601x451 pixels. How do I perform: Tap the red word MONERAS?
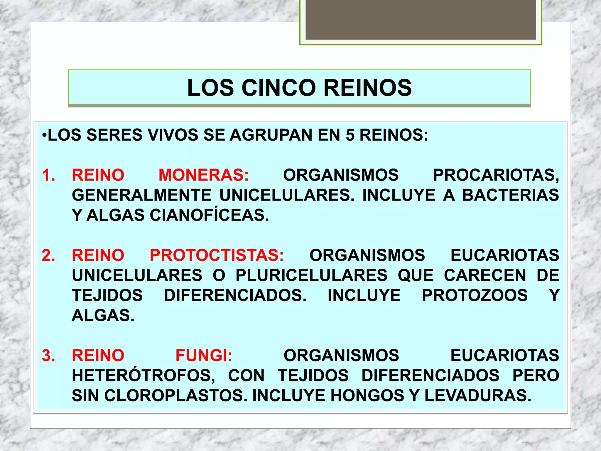(204, 175)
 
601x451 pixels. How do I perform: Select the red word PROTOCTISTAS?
(217, 255)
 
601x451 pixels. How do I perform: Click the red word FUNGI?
(204, 356)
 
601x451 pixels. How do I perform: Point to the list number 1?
(48, 175)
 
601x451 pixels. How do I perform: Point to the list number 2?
(48, 255)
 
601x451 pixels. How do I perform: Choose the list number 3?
(48, 356)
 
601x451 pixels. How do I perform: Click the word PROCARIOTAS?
(496, 175)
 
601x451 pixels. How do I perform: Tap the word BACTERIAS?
(511, 195)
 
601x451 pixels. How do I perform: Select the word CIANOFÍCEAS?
(209, 215)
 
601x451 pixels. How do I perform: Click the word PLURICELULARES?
(312, 275)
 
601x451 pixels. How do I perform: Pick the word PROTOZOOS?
(475, 295)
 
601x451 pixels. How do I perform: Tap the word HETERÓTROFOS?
(144, 376)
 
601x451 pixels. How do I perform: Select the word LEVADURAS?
(478, 396)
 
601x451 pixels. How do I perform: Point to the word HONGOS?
(368, 396)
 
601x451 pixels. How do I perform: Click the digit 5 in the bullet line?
(350, 135)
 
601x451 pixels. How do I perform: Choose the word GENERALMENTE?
(142, 195)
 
